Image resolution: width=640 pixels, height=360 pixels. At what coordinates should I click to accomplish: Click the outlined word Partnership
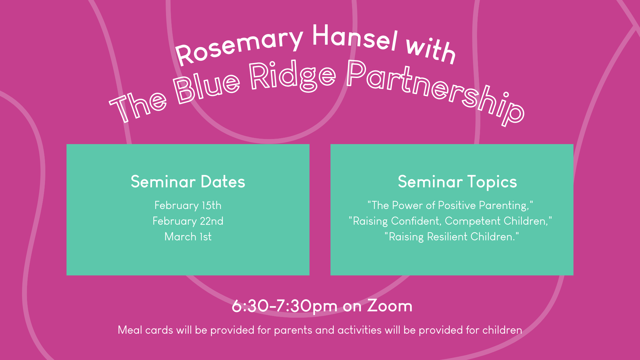[x=433, y=90]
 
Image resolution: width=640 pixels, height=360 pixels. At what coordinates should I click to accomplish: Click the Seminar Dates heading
[x=188, y=182]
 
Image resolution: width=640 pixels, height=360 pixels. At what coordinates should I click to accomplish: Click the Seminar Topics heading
[x=457, y=182]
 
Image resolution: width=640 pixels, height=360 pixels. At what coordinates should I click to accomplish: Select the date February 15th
[x=188, y=205]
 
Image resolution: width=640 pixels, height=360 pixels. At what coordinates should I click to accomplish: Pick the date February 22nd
[x=188, y=221]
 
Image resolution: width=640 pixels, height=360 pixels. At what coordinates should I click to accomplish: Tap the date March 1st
[x=188, y=237]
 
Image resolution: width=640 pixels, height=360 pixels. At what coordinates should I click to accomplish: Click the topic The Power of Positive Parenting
[x=450, y=205]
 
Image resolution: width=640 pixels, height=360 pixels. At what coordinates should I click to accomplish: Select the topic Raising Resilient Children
[x=451, y=237]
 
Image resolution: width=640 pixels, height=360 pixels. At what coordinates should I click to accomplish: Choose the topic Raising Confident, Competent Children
[x=450, y=221]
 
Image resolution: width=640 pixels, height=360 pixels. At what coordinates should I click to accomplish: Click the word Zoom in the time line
[x=389, y=306]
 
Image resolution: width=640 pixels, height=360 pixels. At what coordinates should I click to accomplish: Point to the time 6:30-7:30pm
[x=284, y=306]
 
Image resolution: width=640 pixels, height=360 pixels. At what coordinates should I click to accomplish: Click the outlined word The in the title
[x=138, y=106]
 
